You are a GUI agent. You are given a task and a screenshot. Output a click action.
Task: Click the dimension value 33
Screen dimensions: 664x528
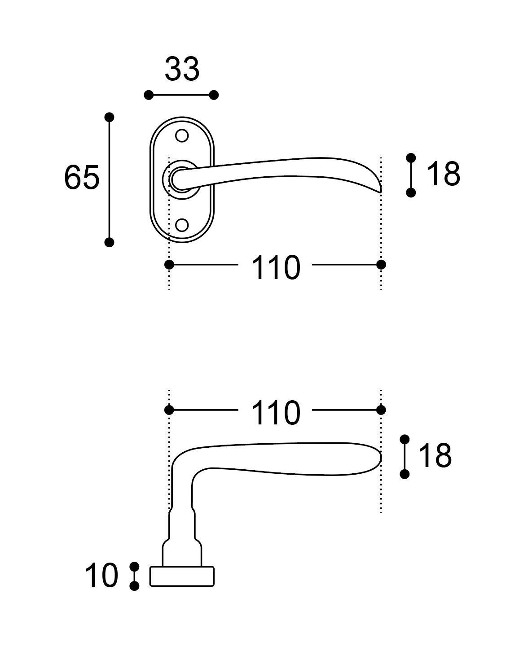click(x=181, y=70)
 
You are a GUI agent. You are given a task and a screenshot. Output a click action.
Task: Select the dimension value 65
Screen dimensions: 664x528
click(x=81, y=177)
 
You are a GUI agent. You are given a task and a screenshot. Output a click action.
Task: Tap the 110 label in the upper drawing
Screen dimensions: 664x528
click(x=275, y=268)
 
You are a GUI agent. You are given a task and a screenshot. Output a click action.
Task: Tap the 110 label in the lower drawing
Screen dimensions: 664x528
click(x=275, y=413)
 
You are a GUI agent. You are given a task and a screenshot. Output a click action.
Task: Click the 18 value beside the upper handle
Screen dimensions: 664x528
click(x=443, y=174)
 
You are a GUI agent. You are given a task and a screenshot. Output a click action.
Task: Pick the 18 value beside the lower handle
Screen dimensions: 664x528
click(x=434, y=455)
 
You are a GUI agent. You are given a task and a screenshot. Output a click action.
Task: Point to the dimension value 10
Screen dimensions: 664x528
click(x=102, y=576)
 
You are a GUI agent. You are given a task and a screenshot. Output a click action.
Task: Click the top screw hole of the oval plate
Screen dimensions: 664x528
click(x=181, y=135)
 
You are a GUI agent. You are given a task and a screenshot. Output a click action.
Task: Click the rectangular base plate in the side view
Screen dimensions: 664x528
click(x=181, y=577)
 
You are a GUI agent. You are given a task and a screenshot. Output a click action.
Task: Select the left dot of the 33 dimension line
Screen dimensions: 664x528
click(x=149, y=95)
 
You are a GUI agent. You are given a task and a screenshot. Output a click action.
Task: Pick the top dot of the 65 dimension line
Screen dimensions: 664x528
click(x=109, y=117)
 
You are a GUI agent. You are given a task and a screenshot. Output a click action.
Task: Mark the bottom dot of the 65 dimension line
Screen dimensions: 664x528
click(x=109, y=242)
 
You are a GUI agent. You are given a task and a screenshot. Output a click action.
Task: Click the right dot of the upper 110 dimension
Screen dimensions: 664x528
click(x=381, y=265)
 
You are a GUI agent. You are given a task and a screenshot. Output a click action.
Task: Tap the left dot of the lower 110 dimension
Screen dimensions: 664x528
click(x=169, y=410)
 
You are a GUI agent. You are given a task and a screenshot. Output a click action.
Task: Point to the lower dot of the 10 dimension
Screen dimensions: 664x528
click(x=134, y=586)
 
